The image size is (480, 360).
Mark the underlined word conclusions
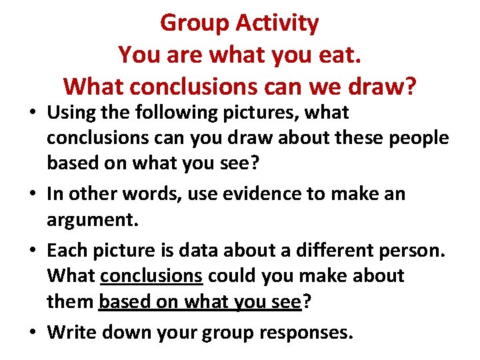click(x=151, y=275)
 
